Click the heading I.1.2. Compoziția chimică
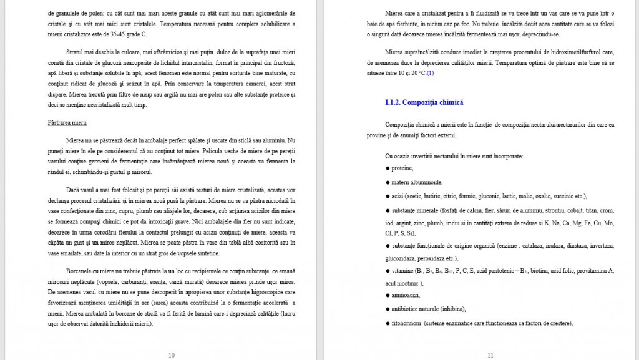click(x=424, y=102)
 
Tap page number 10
click(x=172, y=355)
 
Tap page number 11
click(x=490, y=355)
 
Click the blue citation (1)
click(x=431, y=73)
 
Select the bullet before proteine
click(x=388, y=168)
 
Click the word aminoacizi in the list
click(x=406, y=295)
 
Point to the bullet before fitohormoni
click(x=388, y=323)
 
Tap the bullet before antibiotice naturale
click(x=388, y=309)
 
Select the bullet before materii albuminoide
click(x=388, y=182)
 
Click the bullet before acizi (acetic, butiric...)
click(x=388, y=196)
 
